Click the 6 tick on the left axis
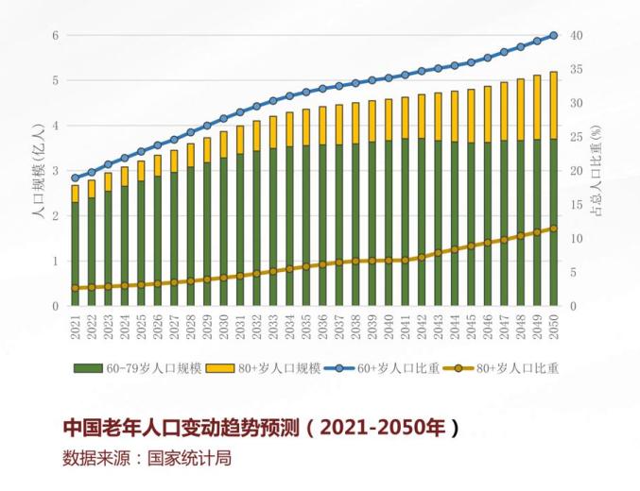pyautogui.click(x=56, y=36)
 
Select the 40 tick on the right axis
pyautogui.click(x=576, y=36)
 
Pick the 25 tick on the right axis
pyautogui.click(x=576, y=137)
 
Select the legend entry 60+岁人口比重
pyautogui.click(x=388, y=368)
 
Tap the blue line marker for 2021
pyautogui.click(x=76, y=178)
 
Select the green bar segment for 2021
pyautogui.click(x=76, y=253)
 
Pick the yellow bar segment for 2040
pyautogui.click(x=389, y=119)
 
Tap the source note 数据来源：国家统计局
pyautogui.click(x=147, y=460)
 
